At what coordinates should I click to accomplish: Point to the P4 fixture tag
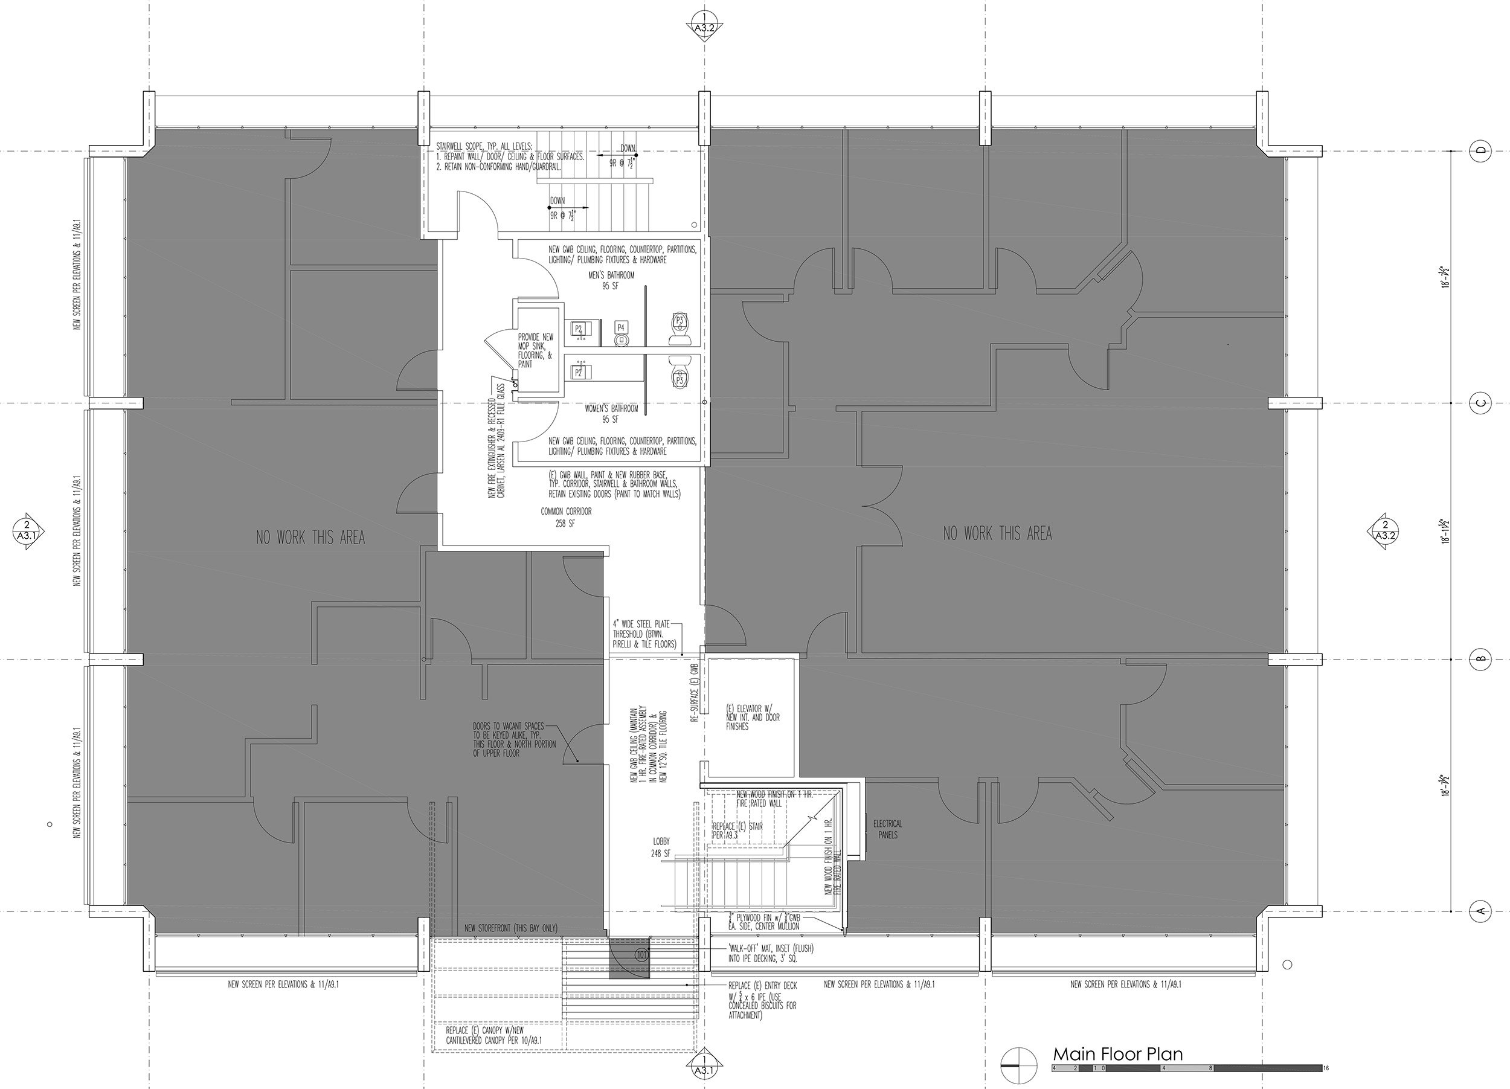(621, 327)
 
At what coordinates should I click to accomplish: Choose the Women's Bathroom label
(611, 414)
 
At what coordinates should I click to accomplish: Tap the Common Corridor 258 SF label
(566, 517)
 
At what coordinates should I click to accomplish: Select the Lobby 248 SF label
(661, 847)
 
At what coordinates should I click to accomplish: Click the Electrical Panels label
(887, 829)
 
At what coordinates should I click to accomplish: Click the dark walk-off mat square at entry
(629, 958)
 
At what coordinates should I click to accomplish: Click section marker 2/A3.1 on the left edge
(27, 530)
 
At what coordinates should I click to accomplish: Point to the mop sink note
(535, 351)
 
